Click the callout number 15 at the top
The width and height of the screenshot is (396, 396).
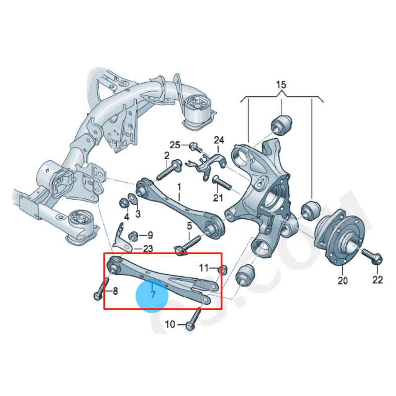[281, 85]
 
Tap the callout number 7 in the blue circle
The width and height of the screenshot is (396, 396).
[153, 295]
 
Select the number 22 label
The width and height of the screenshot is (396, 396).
[377, 280]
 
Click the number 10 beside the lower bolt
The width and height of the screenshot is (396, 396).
[170, 325]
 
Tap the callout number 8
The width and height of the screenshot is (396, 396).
[115, 291]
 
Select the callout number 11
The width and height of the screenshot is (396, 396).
[204, 268]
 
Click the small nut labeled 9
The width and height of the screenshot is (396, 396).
[132, 236]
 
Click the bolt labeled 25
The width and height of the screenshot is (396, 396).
[194, 147]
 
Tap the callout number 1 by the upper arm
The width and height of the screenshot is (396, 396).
[179, 188]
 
